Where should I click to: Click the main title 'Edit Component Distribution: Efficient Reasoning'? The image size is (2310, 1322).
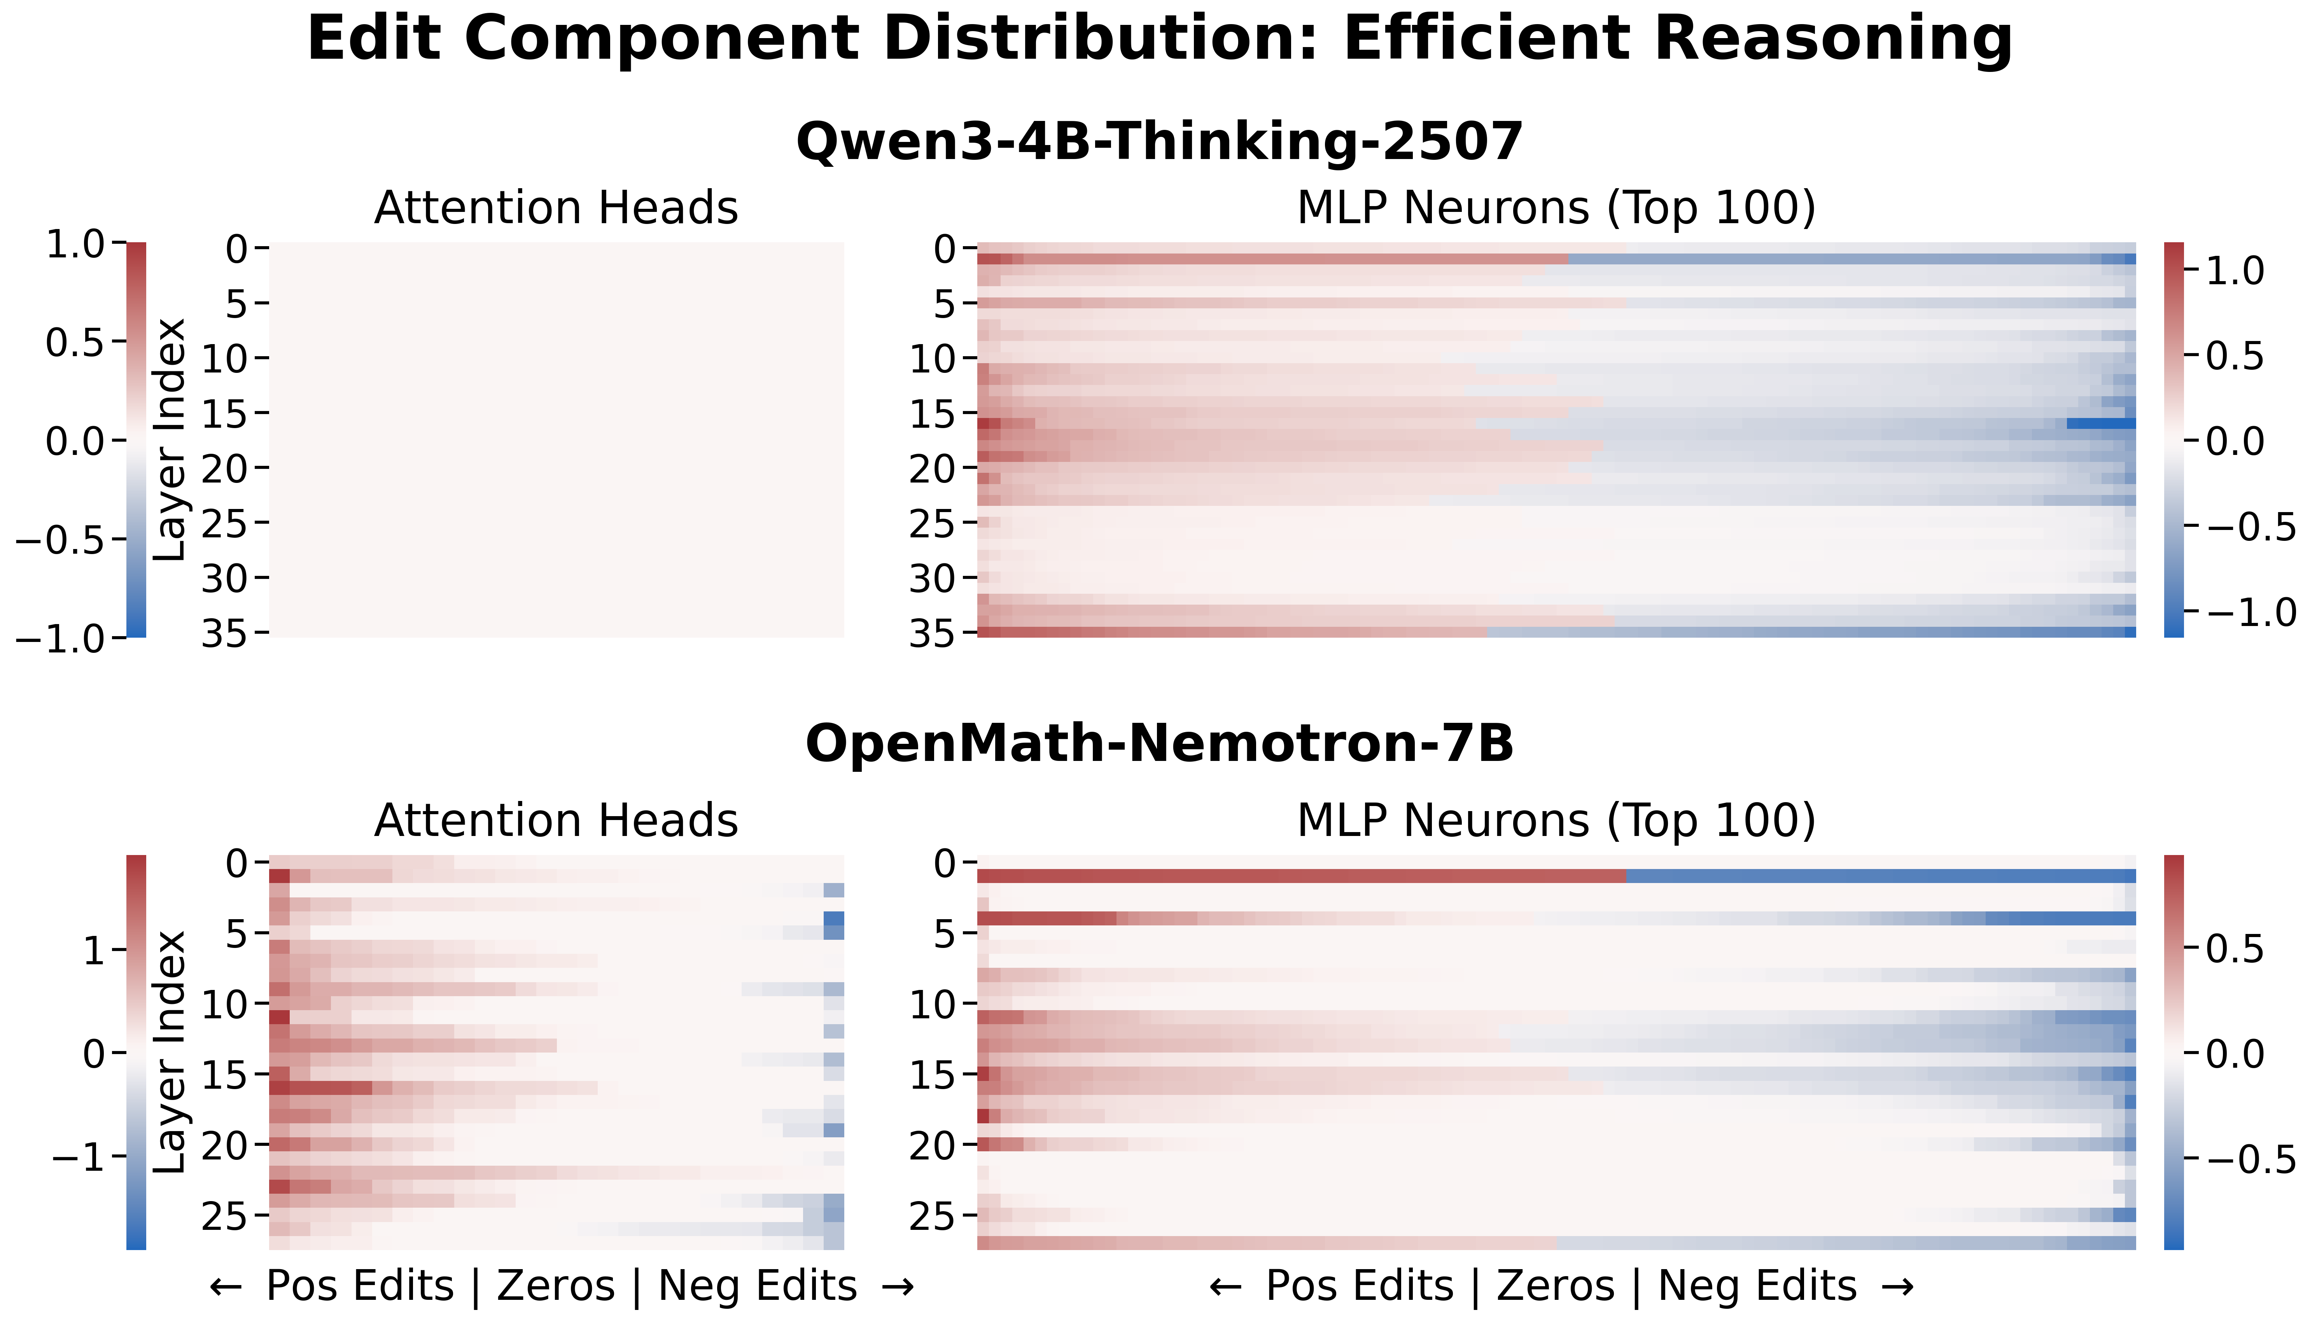(x=1160, y=40)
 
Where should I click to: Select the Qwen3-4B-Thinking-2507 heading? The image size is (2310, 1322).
(x=1160, y=143)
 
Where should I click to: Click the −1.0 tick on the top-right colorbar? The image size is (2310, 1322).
(x=2250, y=613)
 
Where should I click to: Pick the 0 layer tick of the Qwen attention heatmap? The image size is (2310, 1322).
(x=236, y=249)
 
